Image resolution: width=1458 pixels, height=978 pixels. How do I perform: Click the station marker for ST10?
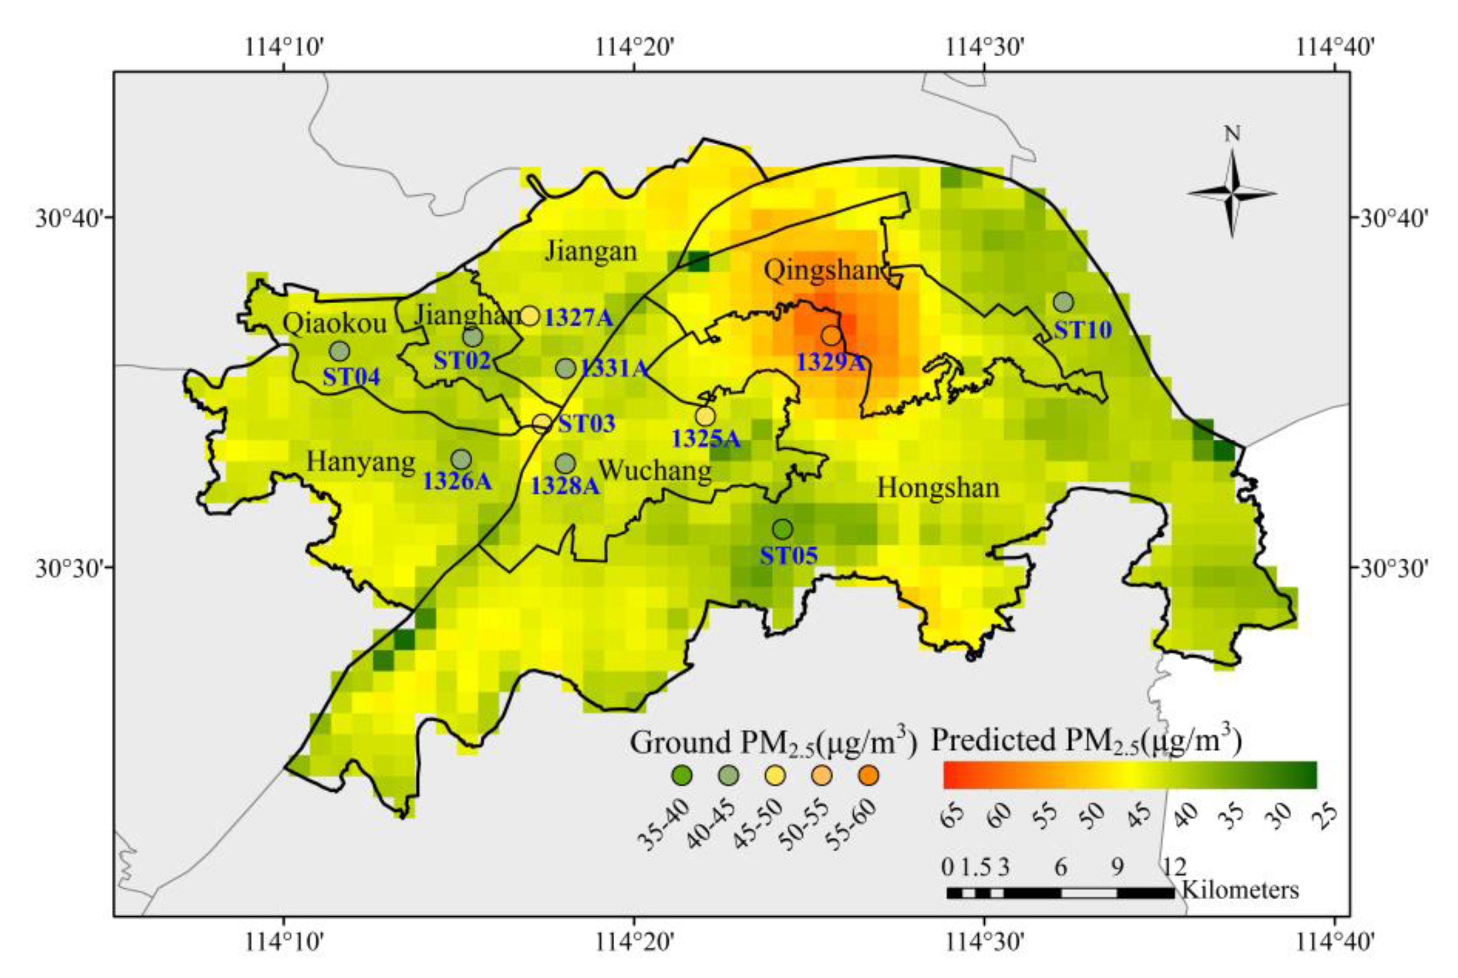click(1063, 302)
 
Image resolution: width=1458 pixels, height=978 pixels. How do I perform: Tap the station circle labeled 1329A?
click(831, 336)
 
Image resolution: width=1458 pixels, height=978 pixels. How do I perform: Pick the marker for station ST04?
click(339, 351)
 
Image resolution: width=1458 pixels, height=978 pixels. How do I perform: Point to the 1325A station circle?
click(705, 415)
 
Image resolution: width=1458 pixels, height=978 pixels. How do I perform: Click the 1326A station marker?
click(461, 460)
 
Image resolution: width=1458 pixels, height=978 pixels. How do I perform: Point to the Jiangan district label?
click(591, 251)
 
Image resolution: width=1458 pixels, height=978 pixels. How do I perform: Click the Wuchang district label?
click(655, 470)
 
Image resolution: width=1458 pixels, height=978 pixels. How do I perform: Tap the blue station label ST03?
click(586, 424)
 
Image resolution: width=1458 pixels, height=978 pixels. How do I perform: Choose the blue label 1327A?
click(579, 318)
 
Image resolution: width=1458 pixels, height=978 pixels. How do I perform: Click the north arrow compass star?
click(1232, 194)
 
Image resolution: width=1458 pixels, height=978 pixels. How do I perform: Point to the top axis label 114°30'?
click(984, 46)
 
